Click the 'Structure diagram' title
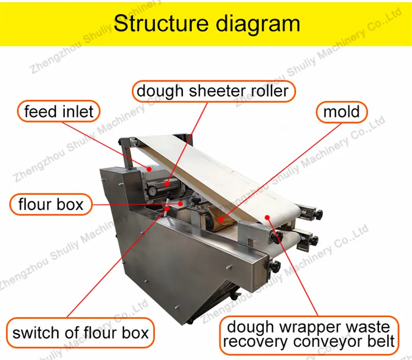tap(207, 24)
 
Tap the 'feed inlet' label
tap(59, 111)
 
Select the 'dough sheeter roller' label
tap(214, 91)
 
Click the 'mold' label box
tap(341, 112)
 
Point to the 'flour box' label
tap(51, 204)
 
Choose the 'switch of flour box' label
tap(80, 333)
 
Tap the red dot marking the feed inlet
tap(149, 169)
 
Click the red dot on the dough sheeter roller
tap(167, 184)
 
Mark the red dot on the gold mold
tap(221, 219)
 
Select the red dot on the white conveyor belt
tap(267, 217)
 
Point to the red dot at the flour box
tap(180, 203)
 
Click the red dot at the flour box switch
tap(167, 209)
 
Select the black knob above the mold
tap(196, 201)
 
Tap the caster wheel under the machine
tap(234, 295)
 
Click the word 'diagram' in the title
tap(259, 24)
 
